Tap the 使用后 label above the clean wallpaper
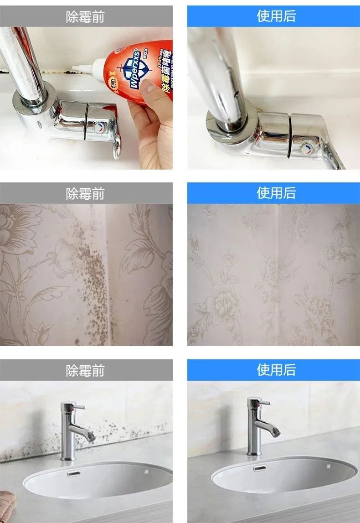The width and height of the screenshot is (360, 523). click(x=276, y=193)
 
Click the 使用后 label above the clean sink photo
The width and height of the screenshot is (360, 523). click(x=276, y=370)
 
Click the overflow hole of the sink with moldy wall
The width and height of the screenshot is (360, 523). click(x=73, y=473)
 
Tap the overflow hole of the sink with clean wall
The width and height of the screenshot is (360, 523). click(x=260, y=468)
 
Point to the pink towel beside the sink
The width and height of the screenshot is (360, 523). click(x=8, y=502)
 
